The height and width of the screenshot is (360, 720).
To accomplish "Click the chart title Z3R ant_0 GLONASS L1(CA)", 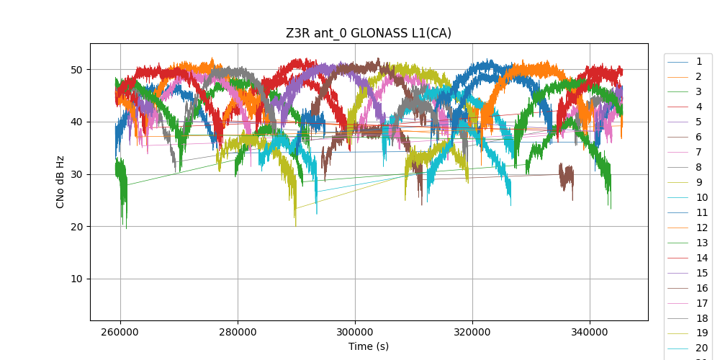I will [369, 33].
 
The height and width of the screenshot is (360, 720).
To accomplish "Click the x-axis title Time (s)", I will [369, 346].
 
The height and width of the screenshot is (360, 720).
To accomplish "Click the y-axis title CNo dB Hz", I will [60, 181].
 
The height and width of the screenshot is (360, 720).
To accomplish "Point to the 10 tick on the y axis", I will [76, 279].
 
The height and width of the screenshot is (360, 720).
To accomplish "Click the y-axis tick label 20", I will [76, 227].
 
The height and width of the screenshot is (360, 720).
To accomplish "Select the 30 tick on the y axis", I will [76, 174].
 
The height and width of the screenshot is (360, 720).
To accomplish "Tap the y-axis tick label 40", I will [76, 122].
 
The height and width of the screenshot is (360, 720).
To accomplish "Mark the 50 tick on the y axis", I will [76, 70].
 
